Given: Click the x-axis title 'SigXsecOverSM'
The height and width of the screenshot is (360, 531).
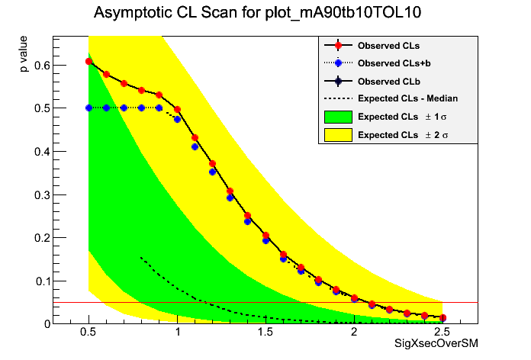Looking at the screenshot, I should click(436, 344).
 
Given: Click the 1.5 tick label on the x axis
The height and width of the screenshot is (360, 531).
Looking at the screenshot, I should click(265, 333).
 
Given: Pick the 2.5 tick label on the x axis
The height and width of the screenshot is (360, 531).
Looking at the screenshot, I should click(443, 333).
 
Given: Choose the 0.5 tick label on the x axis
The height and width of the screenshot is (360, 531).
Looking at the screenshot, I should click(88, 333).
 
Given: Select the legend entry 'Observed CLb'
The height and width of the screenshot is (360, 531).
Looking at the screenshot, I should click(388, 80).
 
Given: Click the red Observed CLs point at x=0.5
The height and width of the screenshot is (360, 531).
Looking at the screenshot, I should click(88, 61).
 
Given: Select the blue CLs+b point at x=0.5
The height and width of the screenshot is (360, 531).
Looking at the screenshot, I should click(88, 108).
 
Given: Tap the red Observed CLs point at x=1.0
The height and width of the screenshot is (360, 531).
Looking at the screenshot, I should click(177, 110).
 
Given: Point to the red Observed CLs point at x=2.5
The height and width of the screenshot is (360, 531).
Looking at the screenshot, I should click(443, 317).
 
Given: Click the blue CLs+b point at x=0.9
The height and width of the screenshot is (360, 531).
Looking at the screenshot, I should click(159, 108).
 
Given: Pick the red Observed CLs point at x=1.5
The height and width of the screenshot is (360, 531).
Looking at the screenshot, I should click(265, 235).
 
